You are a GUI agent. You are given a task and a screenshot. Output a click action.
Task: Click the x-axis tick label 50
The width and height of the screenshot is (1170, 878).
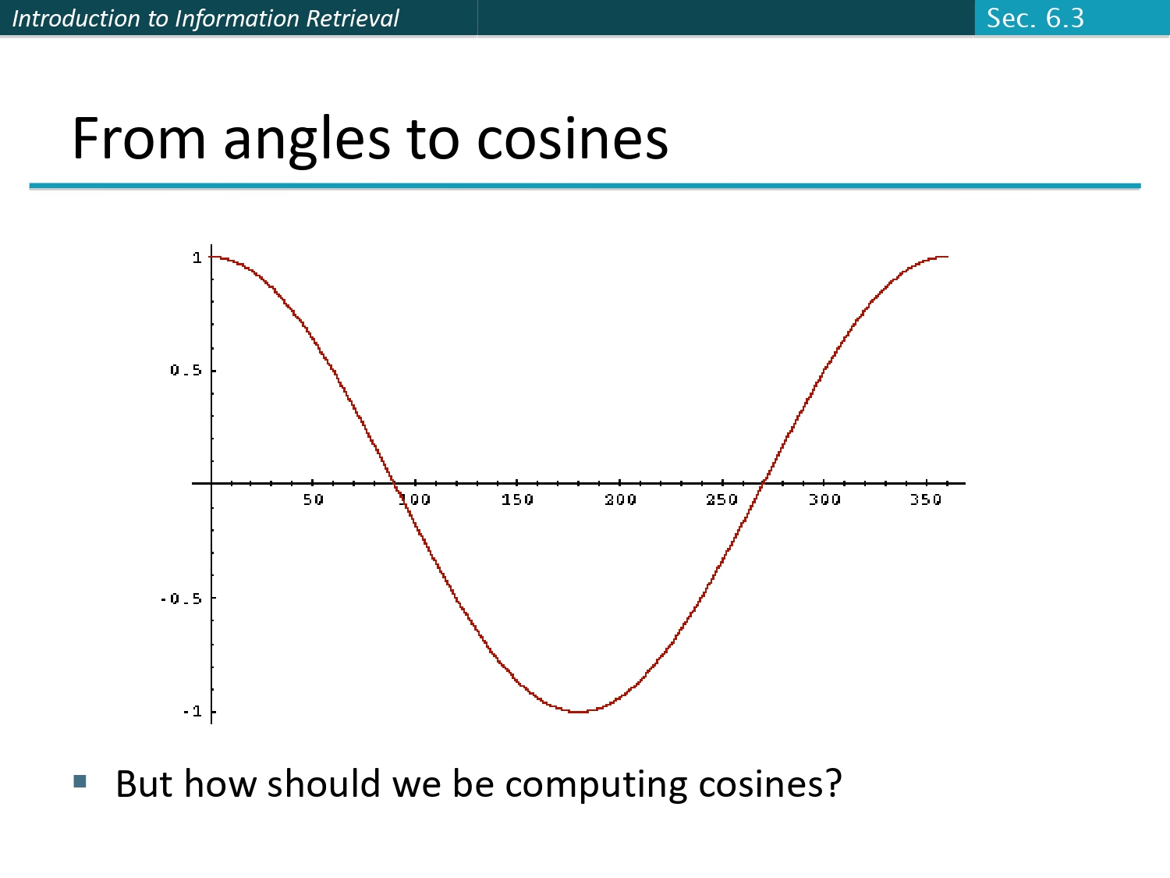point(313,499)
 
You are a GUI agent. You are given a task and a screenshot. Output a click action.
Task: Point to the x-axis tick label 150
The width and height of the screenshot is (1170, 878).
point(517,499)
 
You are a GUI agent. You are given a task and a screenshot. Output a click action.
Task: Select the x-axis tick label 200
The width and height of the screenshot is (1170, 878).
point(620,499)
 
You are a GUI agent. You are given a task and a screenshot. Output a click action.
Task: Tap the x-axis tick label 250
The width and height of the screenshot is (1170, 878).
point(721,499)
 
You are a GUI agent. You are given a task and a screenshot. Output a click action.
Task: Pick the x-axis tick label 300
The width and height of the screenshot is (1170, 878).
point(824,499)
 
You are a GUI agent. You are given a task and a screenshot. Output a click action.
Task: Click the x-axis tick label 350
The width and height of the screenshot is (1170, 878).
point(926,499)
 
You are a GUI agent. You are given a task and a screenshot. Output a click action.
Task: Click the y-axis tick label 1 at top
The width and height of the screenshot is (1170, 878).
point(197,258)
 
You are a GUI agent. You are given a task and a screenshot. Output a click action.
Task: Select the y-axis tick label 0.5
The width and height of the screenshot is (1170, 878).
point(186,370)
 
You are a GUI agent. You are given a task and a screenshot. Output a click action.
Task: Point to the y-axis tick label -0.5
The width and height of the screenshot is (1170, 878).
point(181,599)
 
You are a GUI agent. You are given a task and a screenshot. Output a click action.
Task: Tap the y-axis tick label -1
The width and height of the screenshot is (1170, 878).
point(192,711)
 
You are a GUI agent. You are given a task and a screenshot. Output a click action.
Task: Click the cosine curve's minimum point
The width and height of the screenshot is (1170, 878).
point(578,712)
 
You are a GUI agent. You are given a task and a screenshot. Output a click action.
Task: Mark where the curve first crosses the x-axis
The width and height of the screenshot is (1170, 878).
point(395,483)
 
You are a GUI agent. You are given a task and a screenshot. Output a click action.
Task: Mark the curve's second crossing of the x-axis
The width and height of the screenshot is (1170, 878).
point(763,483)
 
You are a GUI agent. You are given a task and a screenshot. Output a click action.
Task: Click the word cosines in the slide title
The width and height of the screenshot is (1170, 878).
point(572,139)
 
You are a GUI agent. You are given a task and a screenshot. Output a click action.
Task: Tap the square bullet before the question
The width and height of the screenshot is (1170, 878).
point(80,781)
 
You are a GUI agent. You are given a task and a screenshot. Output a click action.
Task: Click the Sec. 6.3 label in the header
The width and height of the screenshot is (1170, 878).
point(1035,18)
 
